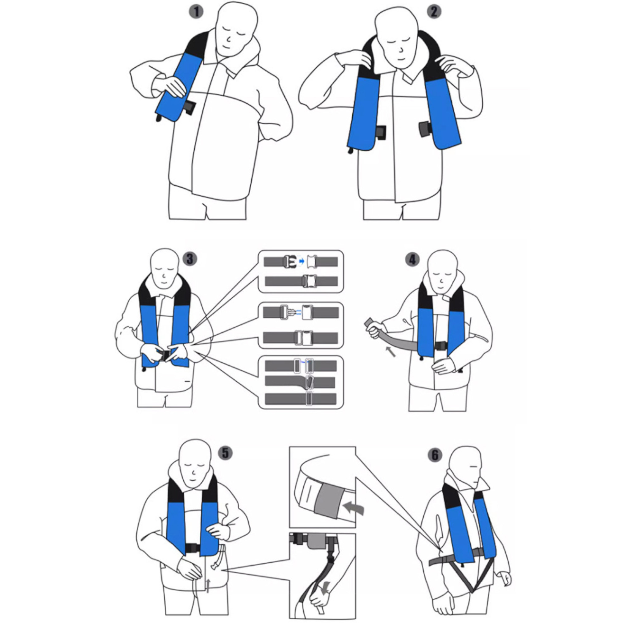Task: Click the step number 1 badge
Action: pyautogui.click(x=196, y=12)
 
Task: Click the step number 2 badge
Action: pyautogui.click(x=434, y=12)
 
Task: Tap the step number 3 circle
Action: pyautogui.click(x=190, y=259)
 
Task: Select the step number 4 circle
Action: pyautogui.click(x=413, y=260)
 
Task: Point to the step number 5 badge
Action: pyautogui.click(x=226, y=453)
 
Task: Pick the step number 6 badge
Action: pyautogui.click(x=435, y=455)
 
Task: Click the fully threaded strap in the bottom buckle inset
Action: pyautogui.click(x=301, y=399)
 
